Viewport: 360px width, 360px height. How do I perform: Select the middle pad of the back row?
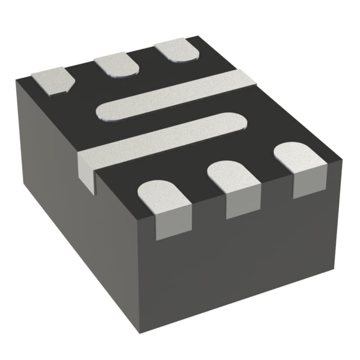pyautogui.click(x=117, y=65)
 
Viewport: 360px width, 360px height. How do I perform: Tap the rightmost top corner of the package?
pyautogui.click(x=341, y=163)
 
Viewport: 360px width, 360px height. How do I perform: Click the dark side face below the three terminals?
pyautogui.click(x=247, y=259)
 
